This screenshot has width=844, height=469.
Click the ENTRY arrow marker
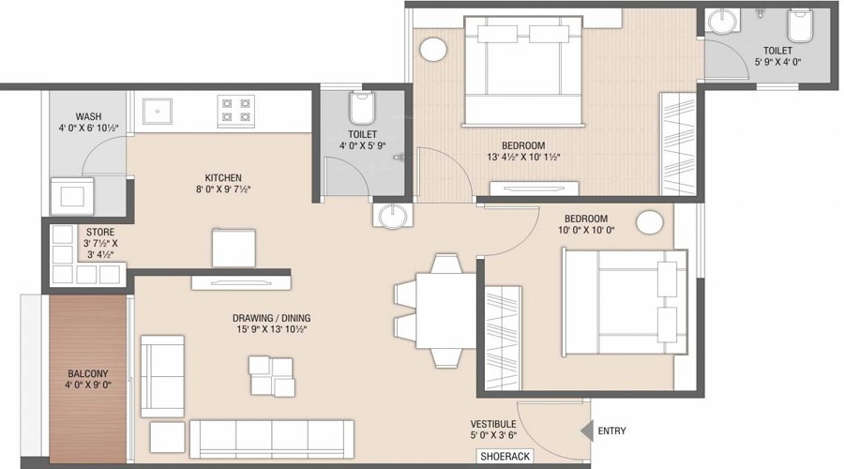pos(587,431)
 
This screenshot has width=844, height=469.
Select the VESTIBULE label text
pos(494,423)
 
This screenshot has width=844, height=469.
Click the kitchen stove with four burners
pos(235,111)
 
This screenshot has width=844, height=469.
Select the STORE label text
pos(101,231)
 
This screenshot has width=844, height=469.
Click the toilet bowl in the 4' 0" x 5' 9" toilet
pos(362,112)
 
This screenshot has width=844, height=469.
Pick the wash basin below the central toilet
pos(390,217)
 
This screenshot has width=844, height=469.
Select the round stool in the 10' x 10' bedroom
pos(648,222)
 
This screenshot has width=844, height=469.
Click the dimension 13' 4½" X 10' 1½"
pos(523,158)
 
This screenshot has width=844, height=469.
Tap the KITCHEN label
pos(223,177)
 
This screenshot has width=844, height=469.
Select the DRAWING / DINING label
pos(272,318)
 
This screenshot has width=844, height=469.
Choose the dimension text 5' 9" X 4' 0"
pos(777,63)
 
